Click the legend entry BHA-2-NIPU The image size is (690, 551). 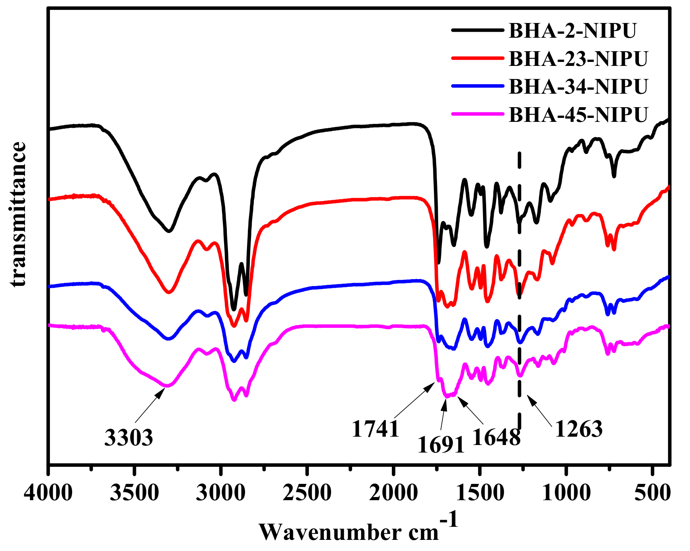pyautogui.click(x=572, y=31)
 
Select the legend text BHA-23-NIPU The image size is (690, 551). pyautogui.click(x=578, y=59)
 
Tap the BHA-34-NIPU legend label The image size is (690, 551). pyautogui.click(x=578, y=87)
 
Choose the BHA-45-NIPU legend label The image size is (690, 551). pyautogui.click(x=578, y=115)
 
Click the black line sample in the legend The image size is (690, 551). pyautogui.click(x=477, y=30)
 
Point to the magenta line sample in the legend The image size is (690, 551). pyautogui.click(x=477, y=114)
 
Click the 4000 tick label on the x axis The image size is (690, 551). pyautogui.click(x=48, y=493)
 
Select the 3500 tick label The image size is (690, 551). pyautogui.click(x=134, y=493)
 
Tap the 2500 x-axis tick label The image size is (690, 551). pyautogui.click(x=307, y=493)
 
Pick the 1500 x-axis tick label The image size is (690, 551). pyautogui.click(x=480, y=493)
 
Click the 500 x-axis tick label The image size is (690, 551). pyautogui.click(x=652, y=493)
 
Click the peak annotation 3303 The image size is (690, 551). pyautogui.click(x=128, y=437)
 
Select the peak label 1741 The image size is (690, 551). pyautogui.click(x=375, y=429)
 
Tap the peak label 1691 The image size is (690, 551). pyautogui.click(x=441, y=445)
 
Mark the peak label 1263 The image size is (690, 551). pyautogui.click(x=579, y=429)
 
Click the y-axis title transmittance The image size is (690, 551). pyautogui.click(x=18, y=214)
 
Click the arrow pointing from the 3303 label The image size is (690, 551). pyautogui.click(x=150, y=405)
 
